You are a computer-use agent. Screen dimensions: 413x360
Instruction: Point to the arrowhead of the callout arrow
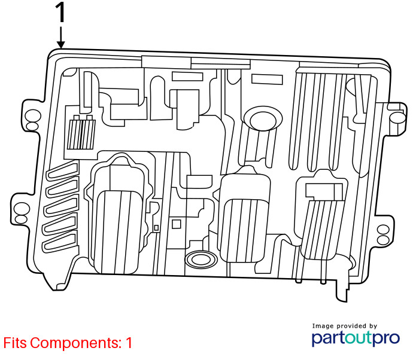[x=61, y=45]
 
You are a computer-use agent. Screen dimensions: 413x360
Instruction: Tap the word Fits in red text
[x=15, y=343]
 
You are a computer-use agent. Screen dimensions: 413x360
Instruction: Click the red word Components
[x=75, y=343]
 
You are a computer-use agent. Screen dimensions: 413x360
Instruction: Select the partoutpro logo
[x=356, y=338]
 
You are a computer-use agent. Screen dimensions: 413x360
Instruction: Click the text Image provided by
[x=345, y=327]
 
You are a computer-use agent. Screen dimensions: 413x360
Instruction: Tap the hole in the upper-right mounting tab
[x=397, y=118]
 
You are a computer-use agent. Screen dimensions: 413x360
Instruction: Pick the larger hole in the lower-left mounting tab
[x=22, y=209]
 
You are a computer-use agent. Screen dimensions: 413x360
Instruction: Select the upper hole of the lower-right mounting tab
[x=383, y=230]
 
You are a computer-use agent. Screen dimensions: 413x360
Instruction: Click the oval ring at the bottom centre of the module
[x=201, y=260]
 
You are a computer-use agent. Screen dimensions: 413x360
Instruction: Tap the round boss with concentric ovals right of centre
[x=263, y=118]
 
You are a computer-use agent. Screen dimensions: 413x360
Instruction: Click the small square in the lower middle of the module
[x=176, y=224]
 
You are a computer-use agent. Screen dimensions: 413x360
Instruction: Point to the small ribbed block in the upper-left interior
[x=81, y=134]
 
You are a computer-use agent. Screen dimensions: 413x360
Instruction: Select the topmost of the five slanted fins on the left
[x=62, y=170]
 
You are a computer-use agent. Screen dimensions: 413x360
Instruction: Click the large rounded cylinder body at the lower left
[x=117, y=232]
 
